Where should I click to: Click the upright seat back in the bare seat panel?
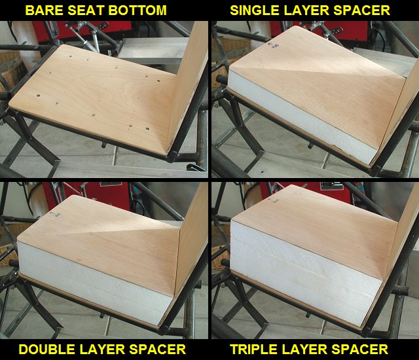[189, 86]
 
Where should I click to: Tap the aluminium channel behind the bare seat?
[153, 51]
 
